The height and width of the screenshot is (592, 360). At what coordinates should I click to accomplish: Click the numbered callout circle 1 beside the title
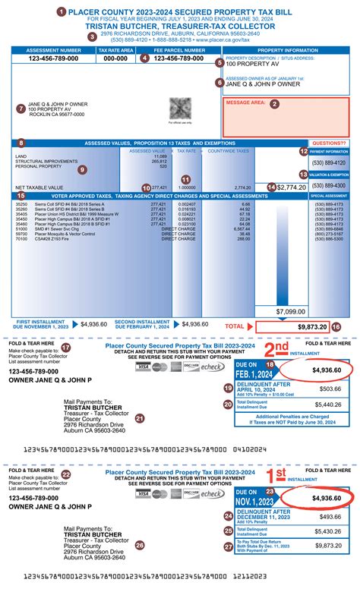point(62,13)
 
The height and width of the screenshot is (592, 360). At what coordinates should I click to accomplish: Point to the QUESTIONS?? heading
point(330,143)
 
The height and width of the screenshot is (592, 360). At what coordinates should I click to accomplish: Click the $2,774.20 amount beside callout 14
point(292,187)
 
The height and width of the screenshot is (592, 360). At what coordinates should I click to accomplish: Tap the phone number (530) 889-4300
point(330,185)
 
